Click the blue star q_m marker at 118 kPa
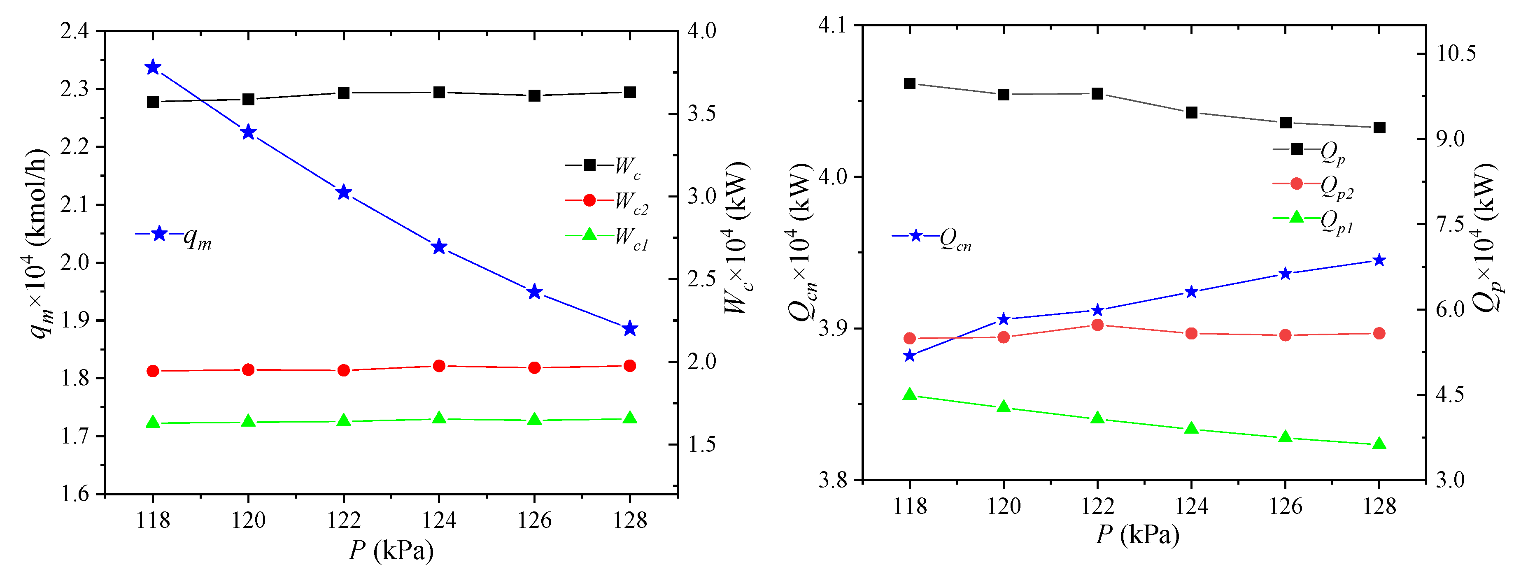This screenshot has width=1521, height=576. point(153,67)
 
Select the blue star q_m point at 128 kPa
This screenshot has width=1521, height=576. point(630,329)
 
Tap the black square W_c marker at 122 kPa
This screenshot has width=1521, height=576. point(344,93)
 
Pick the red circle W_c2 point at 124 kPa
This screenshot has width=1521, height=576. point(439,366)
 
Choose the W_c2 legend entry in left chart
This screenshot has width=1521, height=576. point(608,202)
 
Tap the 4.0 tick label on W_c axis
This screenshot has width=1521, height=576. point(701,31)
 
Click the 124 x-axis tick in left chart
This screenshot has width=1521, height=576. point(439,520)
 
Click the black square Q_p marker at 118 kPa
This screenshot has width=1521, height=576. point(910,84)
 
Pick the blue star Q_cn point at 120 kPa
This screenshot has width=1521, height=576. point(1004,319)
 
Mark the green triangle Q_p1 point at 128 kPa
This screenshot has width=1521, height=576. point(1379,444)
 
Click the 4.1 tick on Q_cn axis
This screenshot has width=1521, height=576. point(832,26)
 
